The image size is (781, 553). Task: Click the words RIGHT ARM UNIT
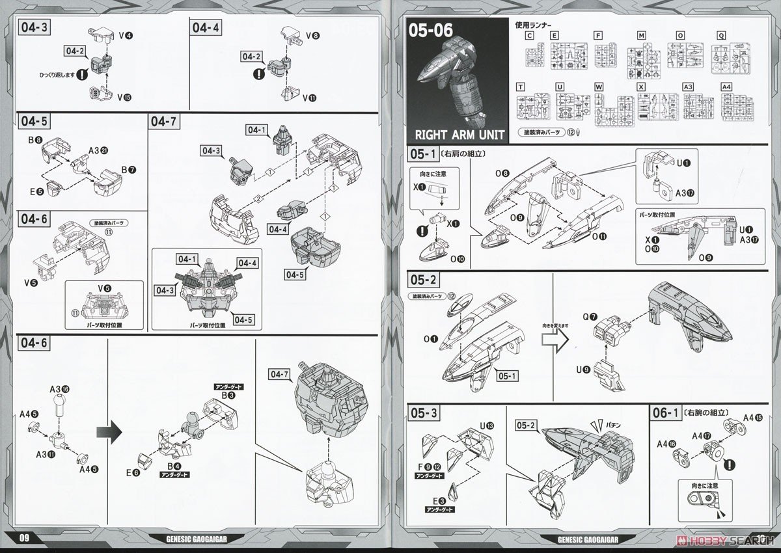[x=456, y=135]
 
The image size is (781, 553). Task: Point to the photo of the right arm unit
[x=449, y=78]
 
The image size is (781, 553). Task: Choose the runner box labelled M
[x=641, y=35]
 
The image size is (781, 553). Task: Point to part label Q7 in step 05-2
[x=590, y=317]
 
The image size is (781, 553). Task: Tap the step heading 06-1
[x=665, y=412]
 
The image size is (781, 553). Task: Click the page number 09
[x=25, y=537]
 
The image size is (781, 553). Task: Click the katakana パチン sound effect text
[x=610, y=425]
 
